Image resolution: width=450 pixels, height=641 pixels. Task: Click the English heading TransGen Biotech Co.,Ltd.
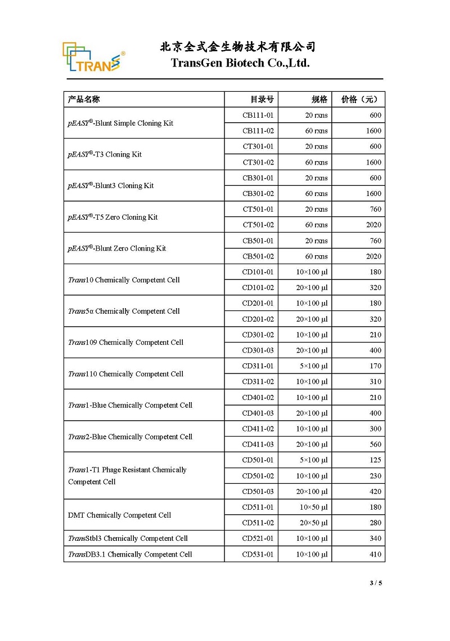coord(240,63)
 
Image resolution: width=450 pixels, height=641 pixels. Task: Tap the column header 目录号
coord(262,100)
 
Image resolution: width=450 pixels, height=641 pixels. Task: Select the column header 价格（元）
coord(359,100)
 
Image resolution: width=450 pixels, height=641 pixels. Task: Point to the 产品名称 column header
coord(84,100)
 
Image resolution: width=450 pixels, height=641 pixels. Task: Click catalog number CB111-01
coord(258,115)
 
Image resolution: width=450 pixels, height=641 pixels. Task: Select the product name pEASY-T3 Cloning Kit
coord(105,154)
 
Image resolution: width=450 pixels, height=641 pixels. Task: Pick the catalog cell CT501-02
coord(258,225)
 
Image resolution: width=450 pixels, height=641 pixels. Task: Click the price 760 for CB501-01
coord(375,241)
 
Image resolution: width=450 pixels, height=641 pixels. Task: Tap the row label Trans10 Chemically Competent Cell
coord(124,280)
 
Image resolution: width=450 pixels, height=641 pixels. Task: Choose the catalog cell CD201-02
coord(258,319)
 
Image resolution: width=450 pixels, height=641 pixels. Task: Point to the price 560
coord(375,444)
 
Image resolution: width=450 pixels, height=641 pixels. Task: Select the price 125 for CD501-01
coord(375,460)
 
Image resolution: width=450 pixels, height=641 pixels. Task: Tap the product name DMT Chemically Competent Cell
coord(119,515)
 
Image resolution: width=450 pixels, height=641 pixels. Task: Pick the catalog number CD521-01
coord(258,538)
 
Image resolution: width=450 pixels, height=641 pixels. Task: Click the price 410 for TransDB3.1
coord(375,554)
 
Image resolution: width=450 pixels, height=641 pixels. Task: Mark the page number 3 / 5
coord(376,583)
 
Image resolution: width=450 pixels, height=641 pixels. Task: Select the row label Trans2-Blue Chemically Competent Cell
coord(130,437)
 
